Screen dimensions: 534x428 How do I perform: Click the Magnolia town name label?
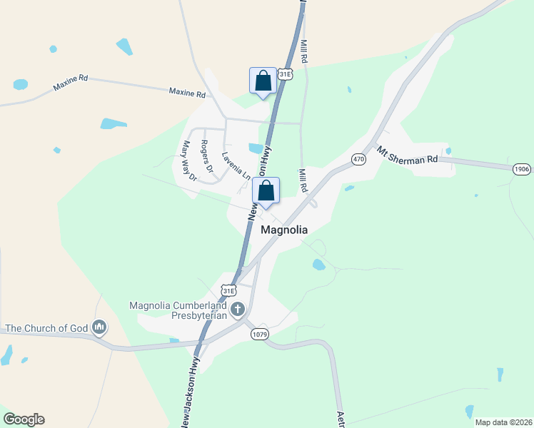click(284, 230)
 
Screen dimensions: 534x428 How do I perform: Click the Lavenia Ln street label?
click(236, 165)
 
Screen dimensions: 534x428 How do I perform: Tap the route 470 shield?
click(358, 159)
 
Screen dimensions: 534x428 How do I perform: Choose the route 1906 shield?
click(521, 168)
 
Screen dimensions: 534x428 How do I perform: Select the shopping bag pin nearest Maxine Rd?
click(263, 81)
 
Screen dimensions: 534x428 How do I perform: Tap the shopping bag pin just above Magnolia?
click(266, 191)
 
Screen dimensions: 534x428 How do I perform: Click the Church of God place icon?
click(99, 327)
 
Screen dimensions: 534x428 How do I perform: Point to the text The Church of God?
click(46, 328)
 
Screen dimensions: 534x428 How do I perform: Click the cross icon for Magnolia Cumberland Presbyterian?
click(237, 310)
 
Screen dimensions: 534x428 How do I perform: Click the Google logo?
click(24, 419)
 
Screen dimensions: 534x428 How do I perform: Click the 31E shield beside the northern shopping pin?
click(286, 74)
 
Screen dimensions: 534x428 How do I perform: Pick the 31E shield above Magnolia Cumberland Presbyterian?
click(228, 290)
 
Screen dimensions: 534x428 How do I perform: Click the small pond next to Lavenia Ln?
click(256, 148)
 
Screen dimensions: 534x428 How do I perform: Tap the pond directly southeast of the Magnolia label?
click(319, 265)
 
